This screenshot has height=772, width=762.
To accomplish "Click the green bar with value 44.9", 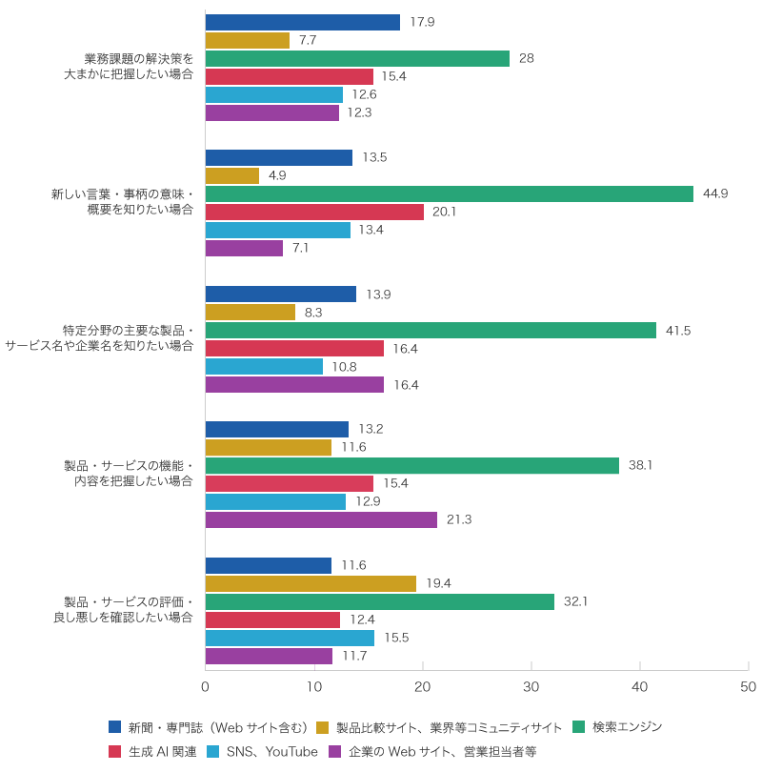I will pyautogui.click(x=450, y=193).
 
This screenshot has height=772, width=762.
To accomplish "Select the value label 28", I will pyautogui.click(x=526, y=58).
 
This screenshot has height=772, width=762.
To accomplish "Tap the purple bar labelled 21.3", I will pyautogui.click(x=321, y=519).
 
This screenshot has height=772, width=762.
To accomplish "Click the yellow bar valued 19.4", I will pyautogui.click(x=311, y=583).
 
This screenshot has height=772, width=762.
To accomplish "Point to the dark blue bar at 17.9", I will pyautogui.click(x=303, y=22).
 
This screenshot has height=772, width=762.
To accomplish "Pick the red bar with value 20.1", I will pyautogui.click(x=314, y=212).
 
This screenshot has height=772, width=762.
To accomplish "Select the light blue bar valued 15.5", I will pyautogui.click(x=290, y=638).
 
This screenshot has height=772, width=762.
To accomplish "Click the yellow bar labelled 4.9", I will pyautogui.click(x=232, y=175).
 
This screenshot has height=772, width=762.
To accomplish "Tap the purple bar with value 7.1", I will pyautogui.click(x=244, y=248).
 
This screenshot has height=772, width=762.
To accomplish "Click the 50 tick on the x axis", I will pyautogui.click(x=749, y=686).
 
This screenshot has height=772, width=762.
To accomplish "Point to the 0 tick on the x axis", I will pyautogui.click(x=206, y=686).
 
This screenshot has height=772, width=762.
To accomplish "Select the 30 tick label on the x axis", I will pyautogui.click(x=531, y=686).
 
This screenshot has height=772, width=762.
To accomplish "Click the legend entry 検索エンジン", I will pyautogui.click(x=627, y=727).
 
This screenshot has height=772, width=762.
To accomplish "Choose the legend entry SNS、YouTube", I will pyautogui.click(x=271, y=752).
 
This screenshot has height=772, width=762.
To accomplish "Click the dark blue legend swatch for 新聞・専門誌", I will pyautogui.click(x=115, y=727).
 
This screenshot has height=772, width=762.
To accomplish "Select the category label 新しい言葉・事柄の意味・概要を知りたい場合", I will pyautogui.click(x=122, y=202).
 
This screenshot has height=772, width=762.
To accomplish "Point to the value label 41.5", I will pyautogui.click(x=678, y=331).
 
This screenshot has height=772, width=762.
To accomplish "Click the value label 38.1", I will pyautogui.click(x=640, y=466).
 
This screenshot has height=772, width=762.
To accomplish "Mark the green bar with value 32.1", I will pyautogui.click(x=380, y=601).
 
